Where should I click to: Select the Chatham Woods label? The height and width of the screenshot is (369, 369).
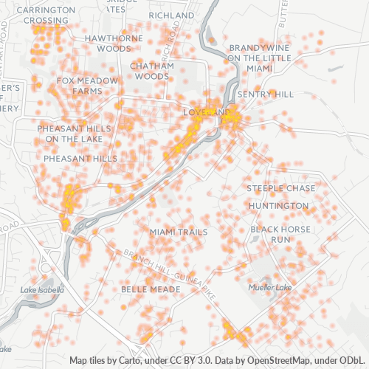click(x=152, y=70)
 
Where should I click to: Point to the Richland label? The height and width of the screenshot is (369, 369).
click(x=170, y=15)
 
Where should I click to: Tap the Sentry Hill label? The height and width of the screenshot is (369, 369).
click(x=265, y=94)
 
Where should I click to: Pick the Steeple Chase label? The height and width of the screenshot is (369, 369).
click(x=280, y=188)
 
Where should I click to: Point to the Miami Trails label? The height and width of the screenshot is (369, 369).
click(x=179, y=232)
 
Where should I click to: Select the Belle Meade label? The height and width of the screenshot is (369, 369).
click(x=151, y=289)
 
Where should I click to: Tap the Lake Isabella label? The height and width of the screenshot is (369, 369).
click(x=42, y=290)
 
